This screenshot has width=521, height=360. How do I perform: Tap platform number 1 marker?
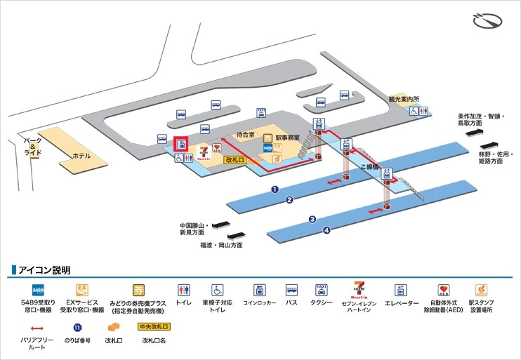coord(275,189)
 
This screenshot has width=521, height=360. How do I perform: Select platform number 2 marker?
coord(289,200)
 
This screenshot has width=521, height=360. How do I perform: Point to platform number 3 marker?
coord(312,219)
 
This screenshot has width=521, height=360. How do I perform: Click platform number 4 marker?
coord(326,230)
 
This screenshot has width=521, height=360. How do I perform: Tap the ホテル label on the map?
coord(81,155)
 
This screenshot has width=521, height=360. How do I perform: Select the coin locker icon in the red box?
coord(181,145)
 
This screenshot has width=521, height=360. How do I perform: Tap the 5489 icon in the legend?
coord(39,289)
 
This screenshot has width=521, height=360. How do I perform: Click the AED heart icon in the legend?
coord(442,289)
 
